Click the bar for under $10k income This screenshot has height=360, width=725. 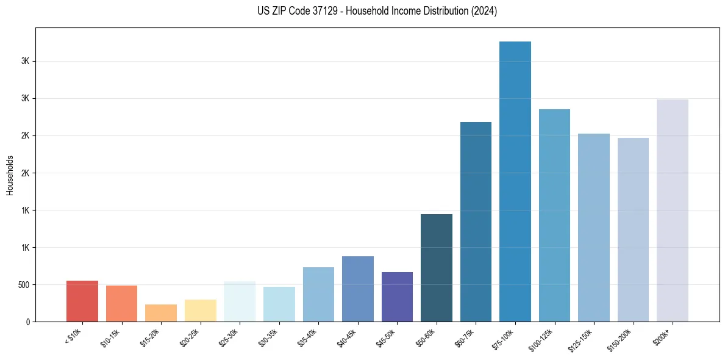(82, 301)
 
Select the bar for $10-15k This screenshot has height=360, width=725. (121, 304)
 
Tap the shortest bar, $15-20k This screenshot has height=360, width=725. (161, 313)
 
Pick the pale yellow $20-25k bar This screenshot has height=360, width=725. (200, 311)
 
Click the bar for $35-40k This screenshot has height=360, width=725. (318, 295)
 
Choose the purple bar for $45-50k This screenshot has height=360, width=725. (397, 297)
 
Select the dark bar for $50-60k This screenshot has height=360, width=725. (437, 268)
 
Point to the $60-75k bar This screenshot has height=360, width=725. (476, 222)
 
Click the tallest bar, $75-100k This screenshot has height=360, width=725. (515, 182)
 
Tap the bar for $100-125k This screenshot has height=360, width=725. (554, 215)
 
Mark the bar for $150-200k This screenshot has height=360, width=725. (633, 230)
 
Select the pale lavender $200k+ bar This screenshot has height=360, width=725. (673, 211)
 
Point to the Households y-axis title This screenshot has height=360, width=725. (10, 175)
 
